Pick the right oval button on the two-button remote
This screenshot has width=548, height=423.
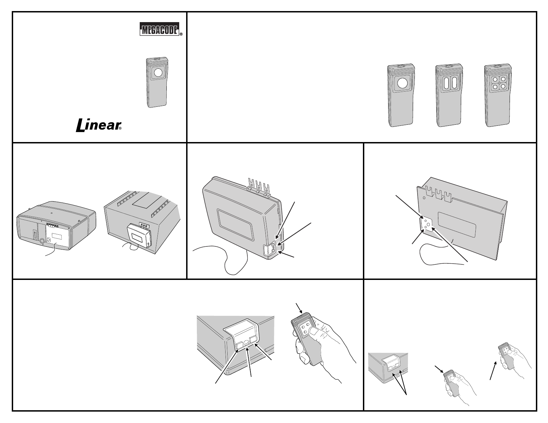pyautogui.click(x=452, y=83)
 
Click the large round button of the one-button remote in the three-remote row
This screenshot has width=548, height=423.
pyautogui.click(x=403, y=83)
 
